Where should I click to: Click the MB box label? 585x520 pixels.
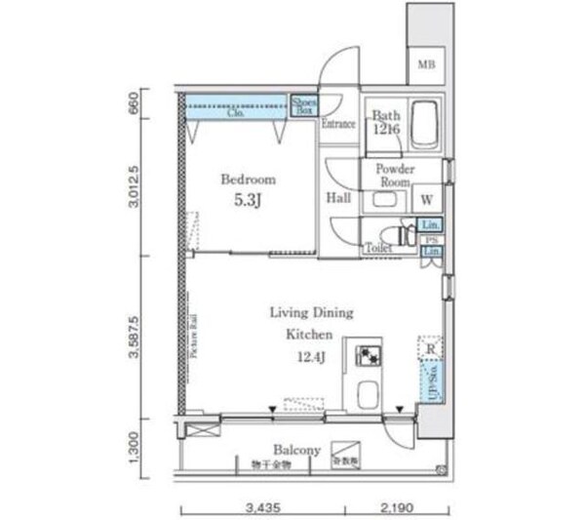click(426, 65)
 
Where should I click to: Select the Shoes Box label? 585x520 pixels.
click(302, 105)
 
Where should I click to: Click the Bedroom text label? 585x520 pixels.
click(248, 180)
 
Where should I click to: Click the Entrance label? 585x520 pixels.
click(338, 124)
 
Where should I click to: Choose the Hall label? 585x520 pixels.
click(338, 198)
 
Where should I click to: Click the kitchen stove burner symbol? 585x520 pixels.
click(370, 355)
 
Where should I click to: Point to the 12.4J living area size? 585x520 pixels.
click(311, 357)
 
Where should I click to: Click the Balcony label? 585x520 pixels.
click(296, 450)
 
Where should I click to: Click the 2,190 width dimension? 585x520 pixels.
click(396, 509)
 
